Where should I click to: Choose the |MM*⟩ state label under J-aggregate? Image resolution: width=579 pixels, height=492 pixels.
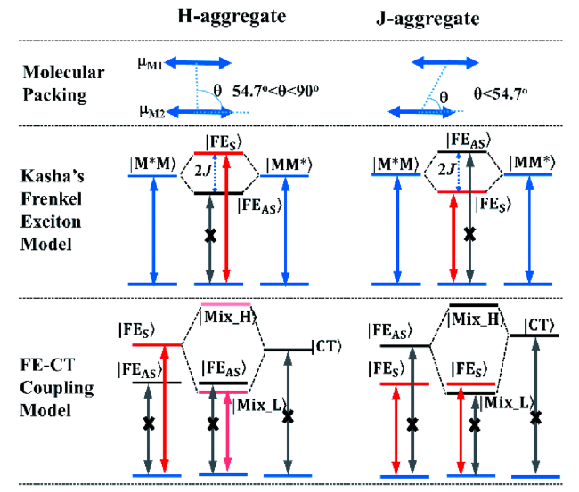[529, 163]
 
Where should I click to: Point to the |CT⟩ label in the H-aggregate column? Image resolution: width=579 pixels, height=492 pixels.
[328, 348]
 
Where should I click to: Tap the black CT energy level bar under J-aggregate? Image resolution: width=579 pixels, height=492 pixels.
[534, 335]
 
